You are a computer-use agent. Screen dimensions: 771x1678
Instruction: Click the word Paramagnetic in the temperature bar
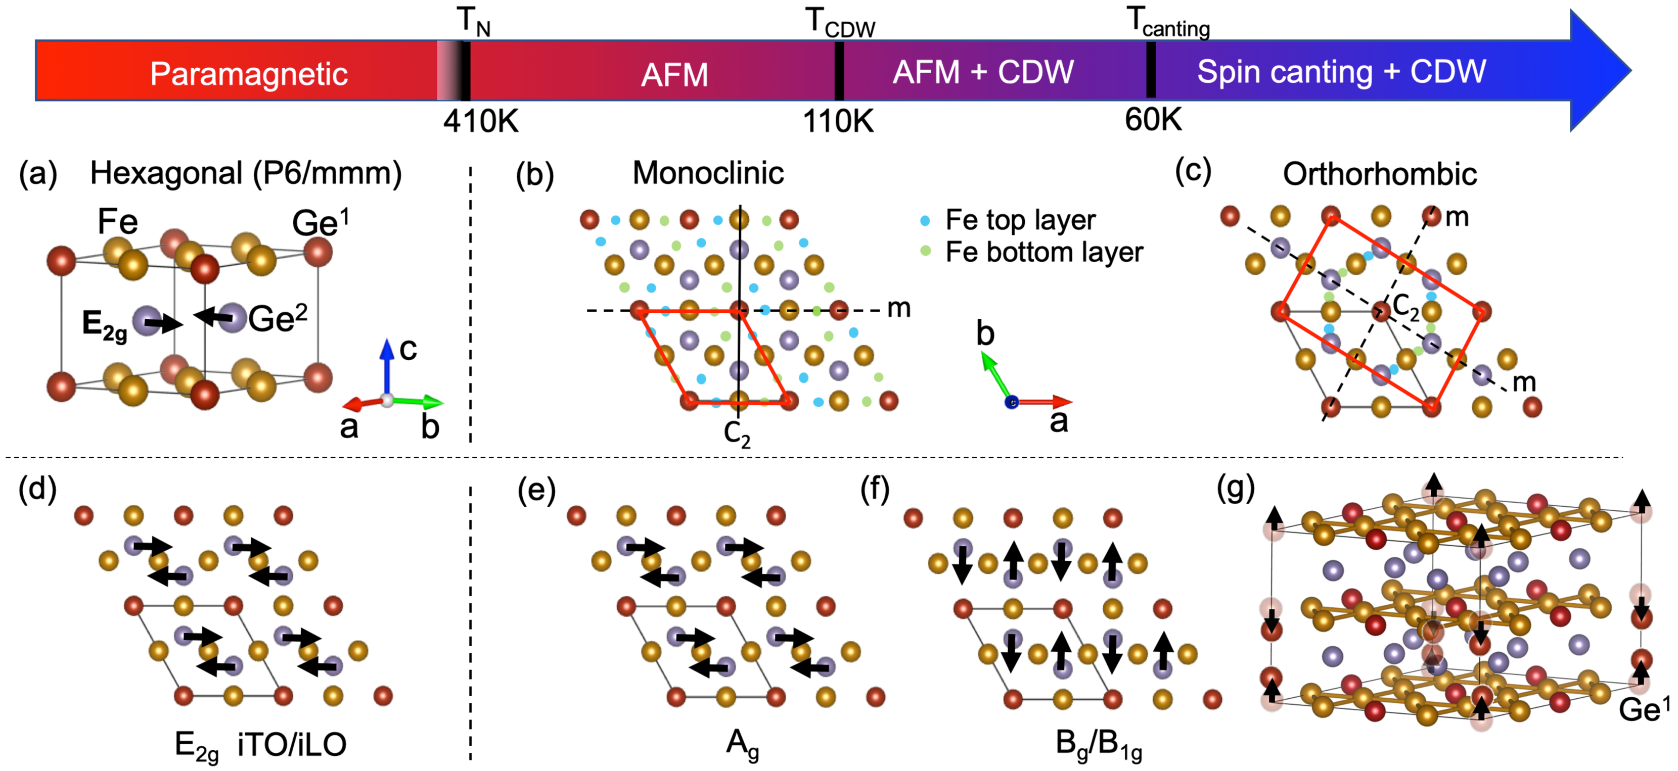(248, 74)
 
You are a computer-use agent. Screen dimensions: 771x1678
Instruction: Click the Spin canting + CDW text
(1341, 72)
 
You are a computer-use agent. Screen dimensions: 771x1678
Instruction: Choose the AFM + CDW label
(983, 72)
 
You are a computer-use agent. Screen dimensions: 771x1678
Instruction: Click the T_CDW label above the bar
(840, 23)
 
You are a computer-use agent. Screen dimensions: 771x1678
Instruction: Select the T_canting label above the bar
(1168, 22)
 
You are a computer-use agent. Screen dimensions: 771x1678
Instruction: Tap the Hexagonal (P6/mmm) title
(246, 173)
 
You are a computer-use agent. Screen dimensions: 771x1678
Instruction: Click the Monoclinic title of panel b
(708, 173)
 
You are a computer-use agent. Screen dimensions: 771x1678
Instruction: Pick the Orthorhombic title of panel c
(1380, 174)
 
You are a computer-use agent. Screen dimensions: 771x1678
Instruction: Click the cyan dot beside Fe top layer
(924, 221)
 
